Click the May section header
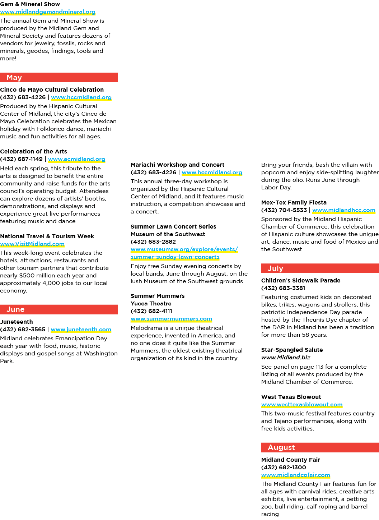tap(59, 78)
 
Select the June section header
tap(59, 309)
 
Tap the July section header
tap(320, 268)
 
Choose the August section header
tap(320, 447)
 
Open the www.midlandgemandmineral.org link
tap(48, 12)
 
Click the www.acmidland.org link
tap(77, 159)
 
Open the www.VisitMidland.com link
tap(32, 244)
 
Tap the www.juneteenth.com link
tap(81, 330)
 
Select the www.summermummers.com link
tap(171, 319)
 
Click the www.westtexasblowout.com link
tap(302, 404)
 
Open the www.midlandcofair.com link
tap(295, 475)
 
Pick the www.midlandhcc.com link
tap(344, 210)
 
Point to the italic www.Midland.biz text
tap(286, 358)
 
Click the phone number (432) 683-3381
tap(283, 288)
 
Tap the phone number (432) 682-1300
tap(284, 467)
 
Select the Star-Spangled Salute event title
tap(292, 350)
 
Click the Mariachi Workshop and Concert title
tap(177, 165)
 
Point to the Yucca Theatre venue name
tap(151, 304)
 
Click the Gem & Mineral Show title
tap(30, 4)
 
